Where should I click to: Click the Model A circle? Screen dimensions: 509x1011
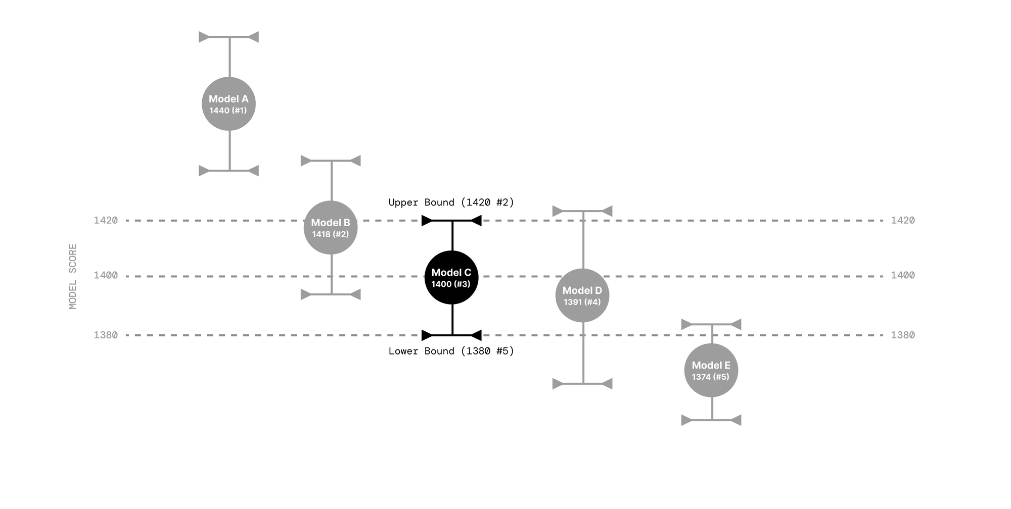pos(228,104)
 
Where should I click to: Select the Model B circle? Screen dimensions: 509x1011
pos(331,228)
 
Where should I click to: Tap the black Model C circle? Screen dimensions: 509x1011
pos(451,278)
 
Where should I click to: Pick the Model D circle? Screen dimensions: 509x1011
pos(582,295)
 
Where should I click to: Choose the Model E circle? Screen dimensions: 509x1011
pos(711,371)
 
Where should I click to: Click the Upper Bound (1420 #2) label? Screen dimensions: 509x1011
pos(451,202)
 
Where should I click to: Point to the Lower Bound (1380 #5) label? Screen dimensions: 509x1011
pos(451,351)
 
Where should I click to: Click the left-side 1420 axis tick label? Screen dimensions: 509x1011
pos(106,220)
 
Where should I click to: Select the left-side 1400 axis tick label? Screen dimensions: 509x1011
pos(106,275)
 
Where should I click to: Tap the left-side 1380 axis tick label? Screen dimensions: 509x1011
pos(106,335)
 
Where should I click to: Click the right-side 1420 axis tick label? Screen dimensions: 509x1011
pos(903,220)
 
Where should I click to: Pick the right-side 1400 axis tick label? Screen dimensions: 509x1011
pos(903,275)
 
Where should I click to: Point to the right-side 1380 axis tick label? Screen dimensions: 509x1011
pos(903,335)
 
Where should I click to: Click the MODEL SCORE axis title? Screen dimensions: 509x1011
pos(73,277)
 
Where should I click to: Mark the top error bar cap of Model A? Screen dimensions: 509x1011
pos(229,37)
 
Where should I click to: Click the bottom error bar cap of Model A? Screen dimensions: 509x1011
pos(229,171)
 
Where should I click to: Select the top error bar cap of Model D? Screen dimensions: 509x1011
pos(583,211)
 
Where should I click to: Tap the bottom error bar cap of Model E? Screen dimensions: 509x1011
pos(712,420)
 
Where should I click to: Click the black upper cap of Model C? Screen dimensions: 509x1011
pos(452,221)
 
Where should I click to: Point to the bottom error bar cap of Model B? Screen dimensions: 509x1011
pos(331,294)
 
